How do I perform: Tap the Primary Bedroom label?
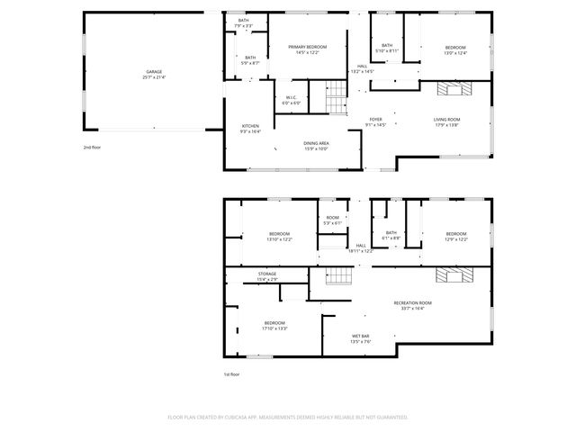click(301, 48)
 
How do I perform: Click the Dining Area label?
click(315, 143)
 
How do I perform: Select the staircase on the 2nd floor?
click(335, 91)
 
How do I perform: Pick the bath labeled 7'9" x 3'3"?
click(244, 22)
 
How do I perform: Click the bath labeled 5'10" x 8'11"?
click(387, 48)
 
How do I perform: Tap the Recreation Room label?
click(413, 303)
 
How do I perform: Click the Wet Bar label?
click(361, 337)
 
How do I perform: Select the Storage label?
click(267, 274)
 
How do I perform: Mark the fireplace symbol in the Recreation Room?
click(453, 275)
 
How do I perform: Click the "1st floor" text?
click(232, 373)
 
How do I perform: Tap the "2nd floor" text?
click(93, 146)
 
